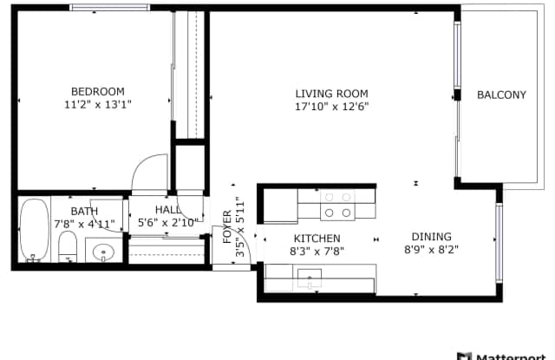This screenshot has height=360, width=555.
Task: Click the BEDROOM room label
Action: pos(98,92)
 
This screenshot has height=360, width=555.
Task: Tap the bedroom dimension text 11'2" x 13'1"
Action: pos(98,105)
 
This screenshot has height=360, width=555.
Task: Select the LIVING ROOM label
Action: pos(331,94)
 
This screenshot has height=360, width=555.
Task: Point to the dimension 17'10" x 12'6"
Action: pos(331,107)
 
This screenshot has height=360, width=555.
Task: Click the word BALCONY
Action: pos(501,95)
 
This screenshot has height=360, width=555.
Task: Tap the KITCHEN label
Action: pos(317,239)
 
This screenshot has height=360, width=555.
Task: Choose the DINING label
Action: pos(432,237)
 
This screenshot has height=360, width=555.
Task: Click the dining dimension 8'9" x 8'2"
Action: pos(432,250)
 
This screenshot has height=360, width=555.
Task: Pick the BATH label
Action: pos(84,212)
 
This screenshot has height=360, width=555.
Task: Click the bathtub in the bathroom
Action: pos(35,230)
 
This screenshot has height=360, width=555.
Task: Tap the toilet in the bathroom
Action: pos(68,246)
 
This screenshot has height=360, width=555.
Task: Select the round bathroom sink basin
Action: pos(103,252)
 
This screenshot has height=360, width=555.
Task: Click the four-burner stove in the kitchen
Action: pos(337,205)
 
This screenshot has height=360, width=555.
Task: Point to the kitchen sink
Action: pos(310,278)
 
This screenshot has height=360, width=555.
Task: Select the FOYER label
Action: pos(227,227)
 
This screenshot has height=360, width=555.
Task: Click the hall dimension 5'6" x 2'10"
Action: pos(167,223)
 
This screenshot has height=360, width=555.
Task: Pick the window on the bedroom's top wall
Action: pos(110,8)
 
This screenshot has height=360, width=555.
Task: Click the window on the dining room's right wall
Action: pos(499,243)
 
